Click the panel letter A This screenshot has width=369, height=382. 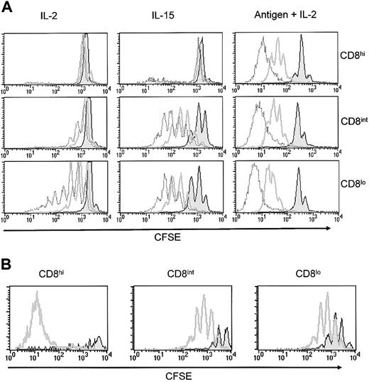(x=6, y=6)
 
